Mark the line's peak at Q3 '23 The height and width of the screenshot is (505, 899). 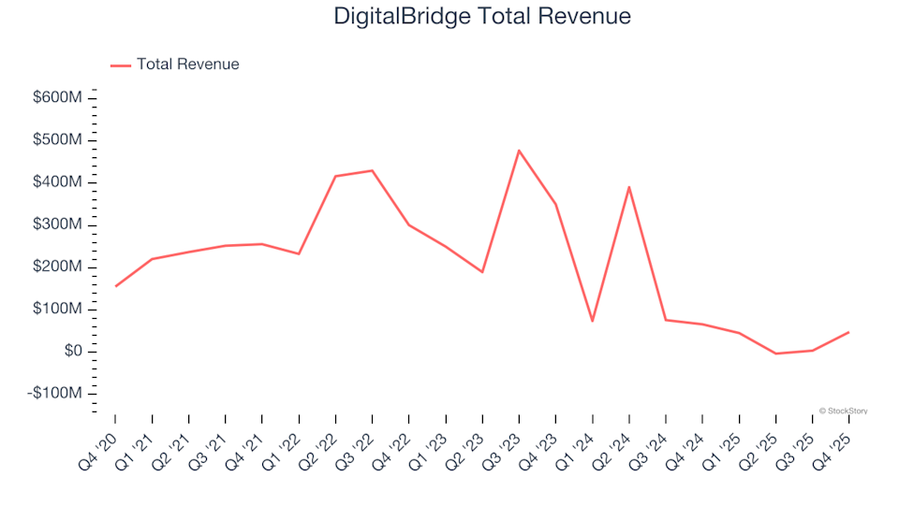519,151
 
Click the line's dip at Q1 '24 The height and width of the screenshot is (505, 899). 592,321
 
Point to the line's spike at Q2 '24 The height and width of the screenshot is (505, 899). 628,187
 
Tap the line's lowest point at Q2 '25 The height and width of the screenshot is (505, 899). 775,353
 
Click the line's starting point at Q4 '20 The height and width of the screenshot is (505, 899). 116,286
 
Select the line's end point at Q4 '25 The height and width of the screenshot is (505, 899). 848,332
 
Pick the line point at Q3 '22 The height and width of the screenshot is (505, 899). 372,170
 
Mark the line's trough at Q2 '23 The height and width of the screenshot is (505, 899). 482,272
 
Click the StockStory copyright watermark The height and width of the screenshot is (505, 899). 843,410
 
